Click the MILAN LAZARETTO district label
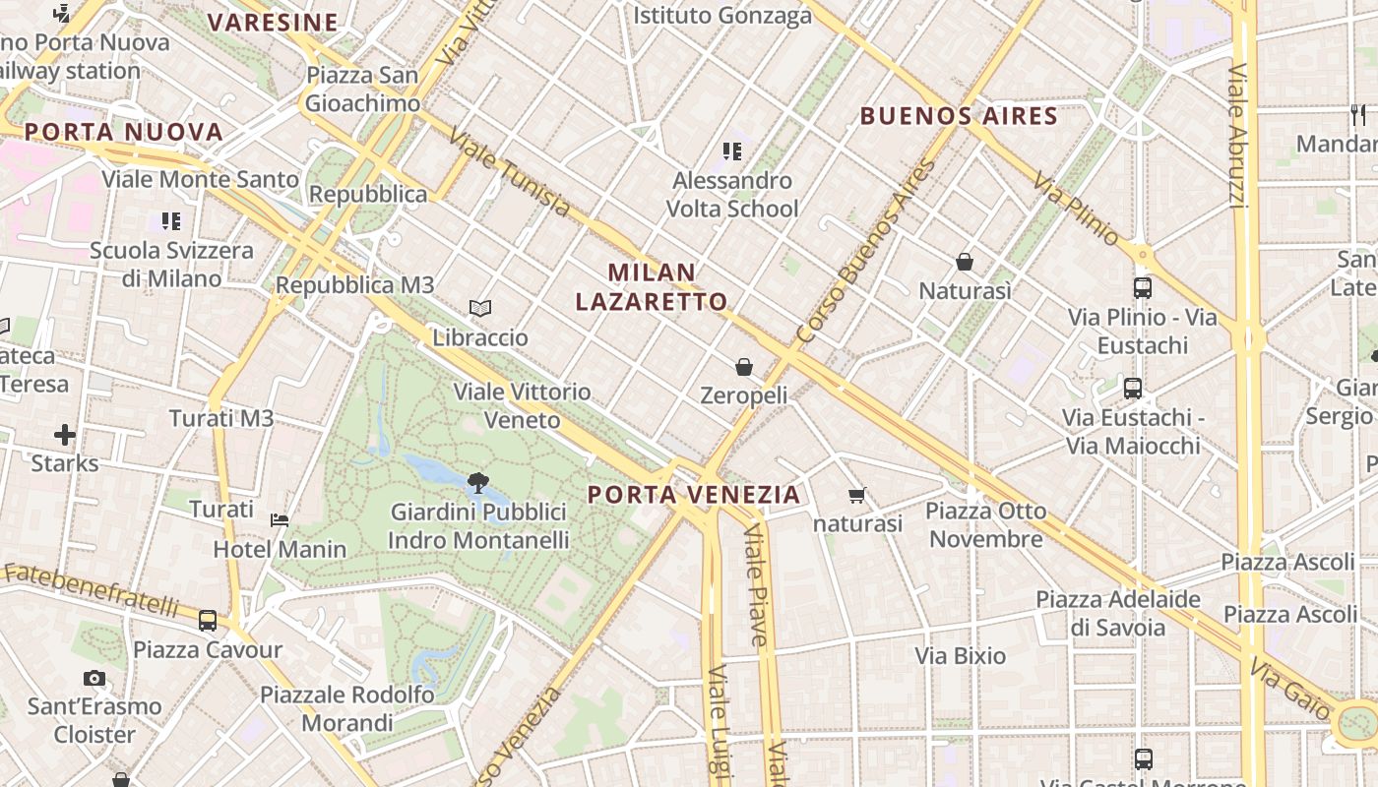[652, 286]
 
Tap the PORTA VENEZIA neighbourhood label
[694, 494]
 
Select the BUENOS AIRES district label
[959, 116]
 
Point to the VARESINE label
[273, 22]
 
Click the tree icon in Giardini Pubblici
[478, 483]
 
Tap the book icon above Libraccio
[480, 309]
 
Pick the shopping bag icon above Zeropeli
[744, 367]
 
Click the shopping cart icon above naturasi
[857, 495]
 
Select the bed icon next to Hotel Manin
[281, 519]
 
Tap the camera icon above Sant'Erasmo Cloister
[94, 678]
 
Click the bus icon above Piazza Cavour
[208, 621]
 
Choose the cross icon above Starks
[65, 434]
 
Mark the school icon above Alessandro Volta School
[732, 151]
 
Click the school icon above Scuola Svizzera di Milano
[171, 221]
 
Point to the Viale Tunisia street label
[509, 172]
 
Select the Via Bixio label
[961, 656]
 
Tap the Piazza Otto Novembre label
[986, 524]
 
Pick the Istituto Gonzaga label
[722, 15]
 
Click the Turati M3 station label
[221, 418]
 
